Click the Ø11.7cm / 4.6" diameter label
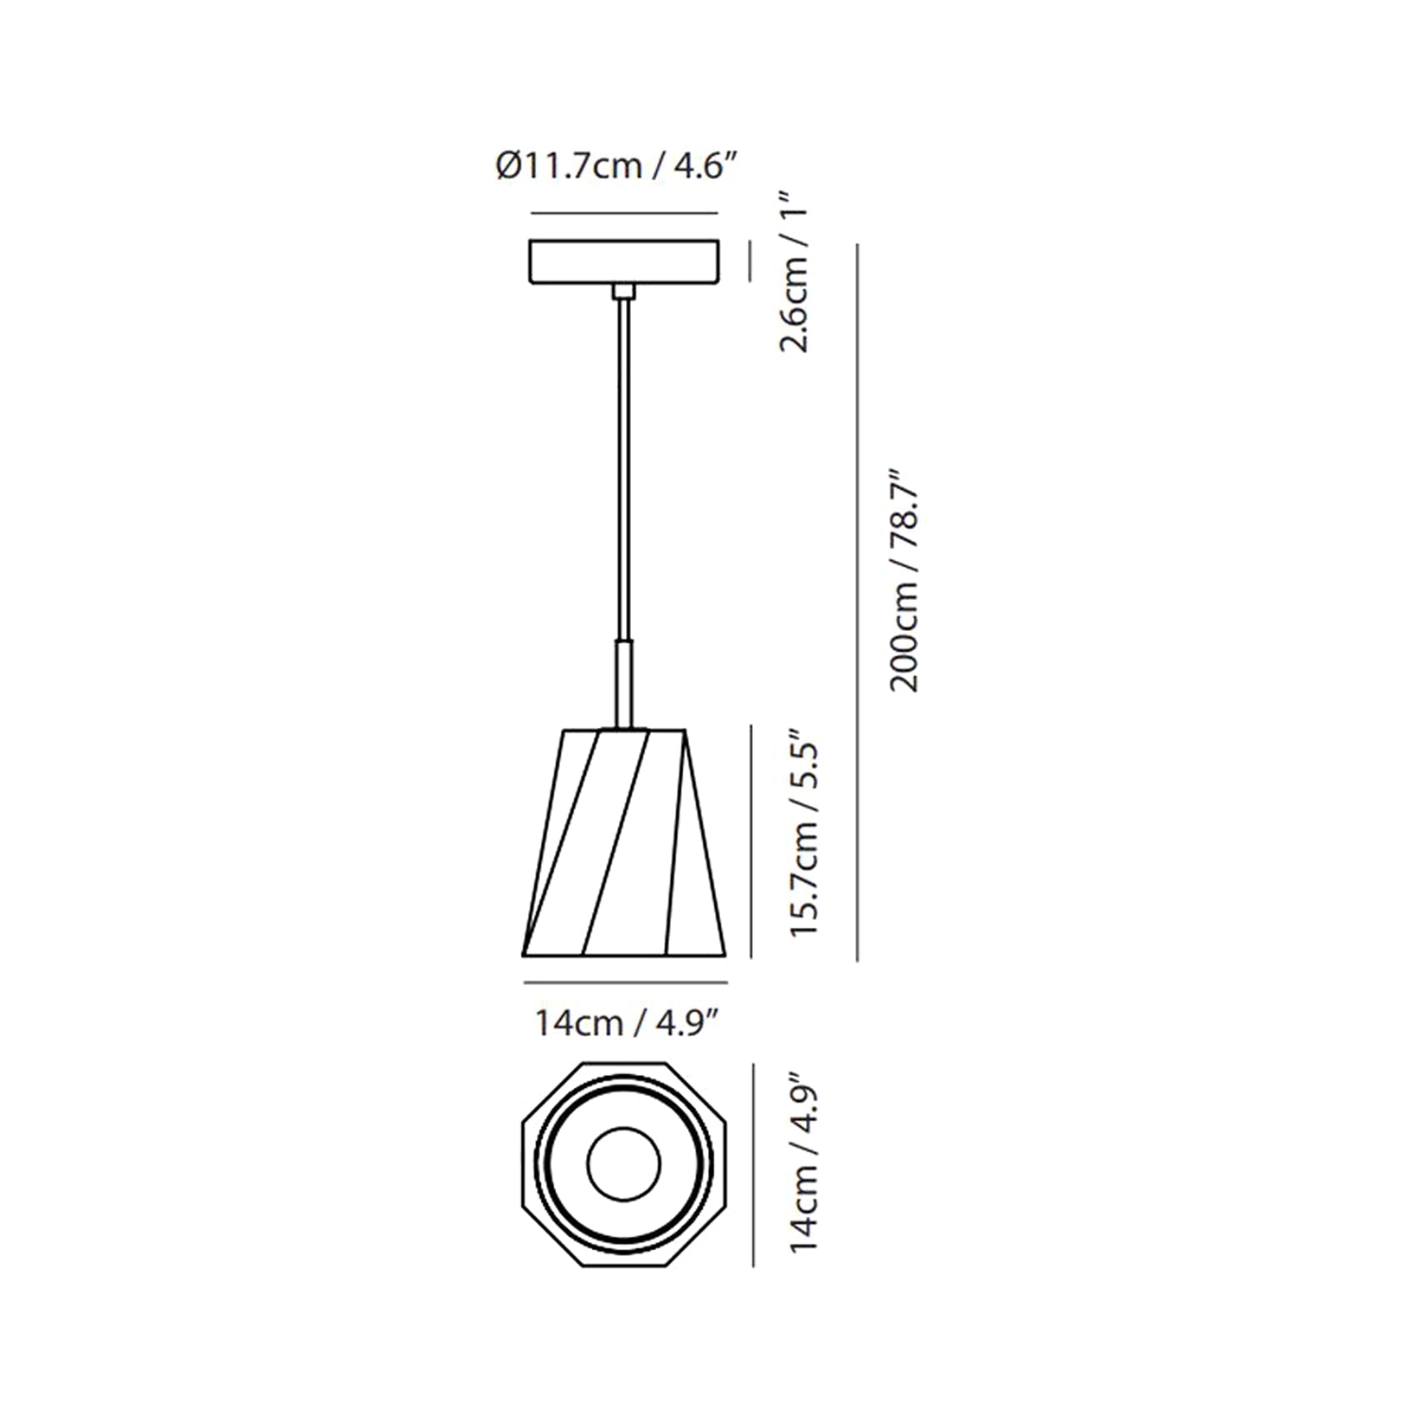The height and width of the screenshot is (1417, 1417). point(618,167)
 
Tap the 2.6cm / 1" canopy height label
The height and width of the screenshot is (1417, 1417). point(797,272)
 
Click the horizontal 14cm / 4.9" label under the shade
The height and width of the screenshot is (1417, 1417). point(627,1023)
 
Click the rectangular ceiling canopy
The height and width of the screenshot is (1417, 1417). point(624,262)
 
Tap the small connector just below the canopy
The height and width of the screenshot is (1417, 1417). point(623,292)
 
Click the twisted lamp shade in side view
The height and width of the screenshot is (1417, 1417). point(624,843)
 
